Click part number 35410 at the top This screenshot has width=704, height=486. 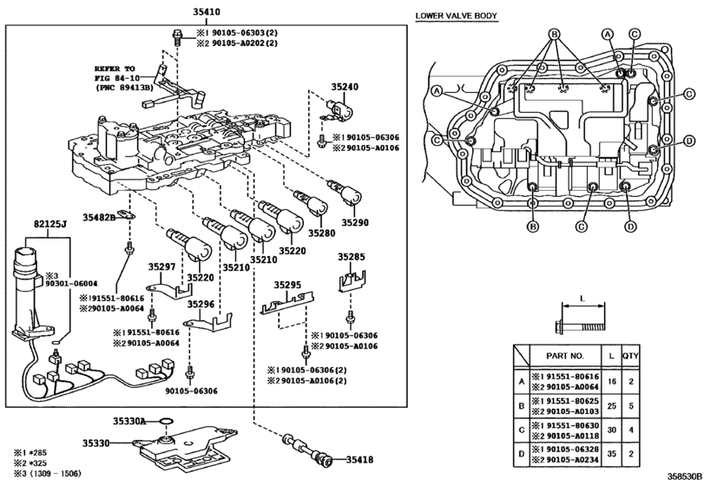coord(207,12)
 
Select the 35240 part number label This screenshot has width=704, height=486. coord(345,87)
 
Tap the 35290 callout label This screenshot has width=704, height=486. coord(355,222)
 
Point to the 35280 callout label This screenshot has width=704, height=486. coord(321,233)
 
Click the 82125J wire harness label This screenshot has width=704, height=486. coord(50,224)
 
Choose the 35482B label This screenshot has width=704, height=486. coord(99,218)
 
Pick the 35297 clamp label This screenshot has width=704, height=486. coord(162,267)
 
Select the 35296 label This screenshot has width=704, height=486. coord(201,305)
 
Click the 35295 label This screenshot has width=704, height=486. coord(288,285)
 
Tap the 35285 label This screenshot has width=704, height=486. coord(352,257)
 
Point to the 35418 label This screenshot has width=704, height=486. coord(359,459)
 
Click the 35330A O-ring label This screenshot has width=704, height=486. coord(128,421)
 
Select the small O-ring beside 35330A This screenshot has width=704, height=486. coord(167,422)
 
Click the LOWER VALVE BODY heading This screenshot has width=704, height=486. coord(456,16)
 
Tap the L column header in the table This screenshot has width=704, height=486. coord(611,356)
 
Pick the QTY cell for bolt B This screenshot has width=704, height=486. coord(631,406)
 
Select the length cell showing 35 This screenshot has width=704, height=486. coord(611,454)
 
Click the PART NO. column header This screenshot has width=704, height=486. coord(565,356)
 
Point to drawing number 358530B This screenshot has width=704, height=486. coord(684,476)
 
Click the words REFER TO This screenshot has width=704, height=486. coord(115,69)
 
